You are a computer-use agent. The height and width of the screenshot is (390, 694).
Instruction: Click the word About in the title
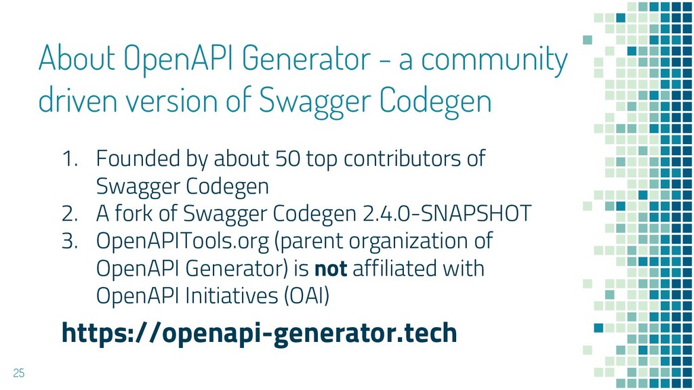tap(77, 58)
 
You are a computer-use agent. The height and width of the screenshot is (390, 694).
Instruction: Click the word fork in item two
tap(134, 213)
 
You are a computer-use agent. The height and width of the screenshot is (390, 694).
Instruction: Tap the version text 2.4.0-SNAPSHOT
tap(447, 213)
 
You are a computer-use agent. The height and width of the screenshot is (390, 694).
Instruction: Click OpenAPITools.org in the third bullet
tap(182, 242)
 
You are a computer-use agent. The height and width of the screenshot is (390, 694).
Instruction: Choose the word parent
tap(309, 242)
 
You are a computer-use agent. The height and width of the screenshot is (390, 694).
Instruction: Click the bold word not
tap(331, 269)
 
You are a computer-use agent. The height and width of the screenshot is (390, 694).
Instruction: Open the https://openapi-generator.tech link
tap(260, 333)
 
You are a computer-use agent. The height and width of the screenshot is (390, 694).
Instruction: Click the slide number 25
tap(18, 373)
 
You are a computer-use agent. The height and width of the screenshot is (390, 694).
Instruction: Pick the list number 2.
tap(70, 214)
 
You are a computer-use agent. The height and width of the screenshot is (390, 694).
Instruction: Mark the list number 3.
tap(70, 242)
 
